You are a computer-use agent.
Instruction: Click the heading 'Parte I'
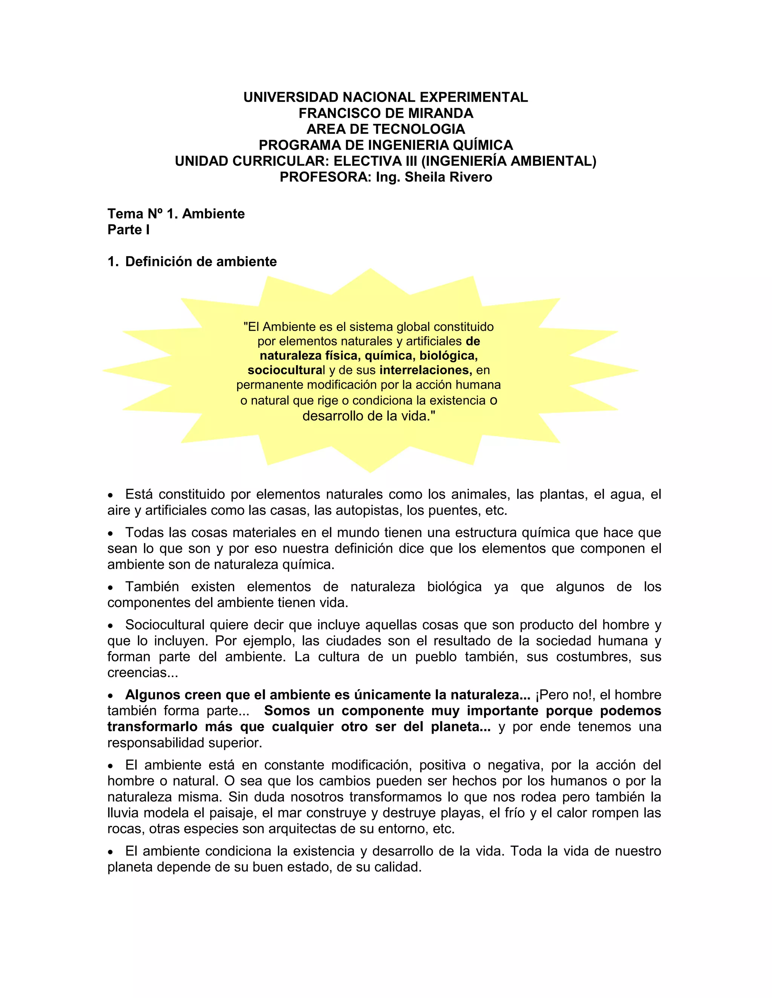tap(129, 230)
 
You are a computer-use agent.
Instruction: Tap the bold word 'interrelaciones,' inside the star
tap(425, 370)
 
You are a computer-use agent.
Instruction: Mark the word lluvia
tap(124, 813)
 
